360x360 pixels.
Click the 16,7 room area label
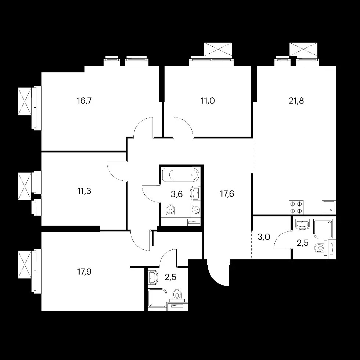(84, 101)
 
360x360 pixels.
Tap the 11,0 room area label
(208, 101)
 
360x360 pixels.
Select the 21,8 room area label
(296, 101)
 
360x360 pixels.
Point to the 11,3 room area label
(84, 191)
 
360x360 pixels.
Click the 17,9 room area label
(84, 271)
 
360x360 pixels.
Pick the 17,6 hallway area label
(227, 194)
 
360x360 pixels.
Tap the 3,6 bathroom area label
(177, 194)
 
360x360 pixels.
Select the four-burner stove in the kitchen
(296, 207)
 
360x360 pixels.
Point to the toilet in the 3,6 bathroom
(170, 210)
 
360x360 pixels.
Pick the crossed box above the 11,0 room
(218, 49)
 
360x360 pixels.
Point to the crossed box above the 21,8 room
(303, 49)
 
